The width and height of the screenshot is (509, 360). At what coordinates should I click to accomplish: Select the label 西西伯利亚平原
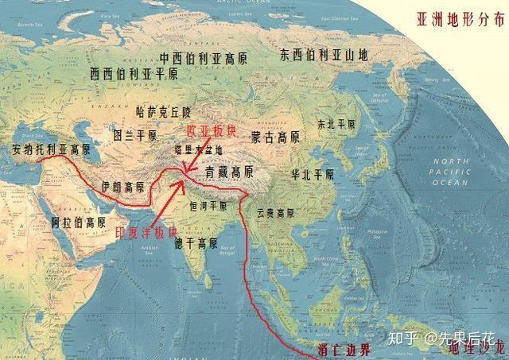134,74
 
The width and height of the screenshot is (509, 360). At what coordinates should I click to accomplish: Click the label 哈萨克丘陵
164,112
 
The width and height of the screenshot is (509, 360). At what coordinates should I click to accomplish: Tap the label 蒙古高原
276,137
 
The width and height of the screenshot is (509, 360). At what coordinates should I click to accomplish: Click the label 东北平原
336,124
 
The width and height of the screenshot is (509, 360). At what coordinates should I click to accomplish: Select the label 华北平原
312,173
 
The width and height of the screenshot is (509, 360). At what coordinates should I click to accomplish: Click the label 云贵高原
275,213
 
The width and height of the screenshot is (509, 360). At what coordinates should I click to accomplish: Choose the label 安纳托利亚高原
46,149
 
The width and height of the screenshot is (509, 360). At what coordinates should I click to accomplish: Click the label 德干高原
196,242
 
